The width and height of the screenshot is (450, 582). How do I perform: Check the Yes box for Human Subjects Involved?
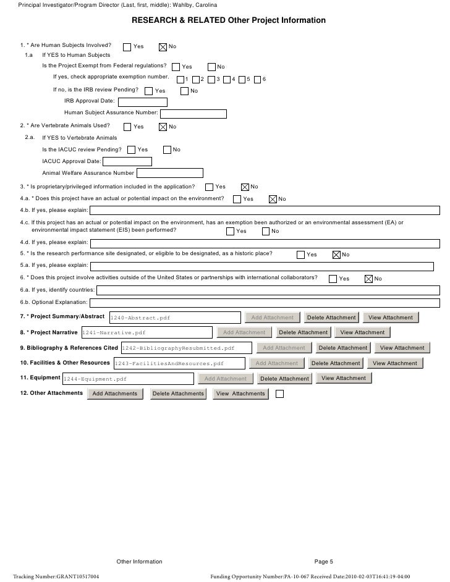pos(127,46)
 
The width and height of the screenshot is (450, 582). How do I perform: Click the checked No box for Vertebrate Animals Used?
pos(163,127)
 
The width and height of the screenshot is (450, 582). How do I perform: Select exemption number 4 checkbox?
pos(227,79)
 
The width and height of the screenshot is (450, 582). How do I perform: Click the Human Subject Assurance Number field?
pos(193,114)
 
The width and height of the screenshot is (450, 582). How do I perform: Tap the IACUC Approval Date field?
pos(127,161)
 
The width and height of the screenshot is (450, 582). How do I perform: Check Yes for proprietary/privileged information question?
pos(209,187)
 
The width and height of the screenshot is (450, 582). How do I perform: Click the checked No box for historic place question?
pos(336,255)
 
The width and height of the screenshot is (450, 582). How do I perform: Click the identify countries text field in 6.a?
pos(268,290)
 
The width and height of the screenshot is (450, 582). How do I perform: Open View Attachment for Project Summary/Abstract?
pos(390,318)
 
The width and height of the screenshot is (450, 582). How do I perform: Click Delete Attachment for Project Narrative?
pos(303,332)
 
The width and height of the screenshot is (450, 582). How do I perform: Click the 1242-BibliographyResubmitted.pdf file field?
pos(186,348)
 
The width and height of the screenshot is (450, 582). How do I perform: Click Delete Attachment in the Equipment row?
pos(285,379)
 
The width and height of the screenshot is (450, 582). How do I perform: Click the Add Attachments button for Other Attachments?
pos(115,394)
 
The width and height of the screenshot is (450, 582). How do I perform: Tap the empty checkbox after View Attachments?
pos(279,394)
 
